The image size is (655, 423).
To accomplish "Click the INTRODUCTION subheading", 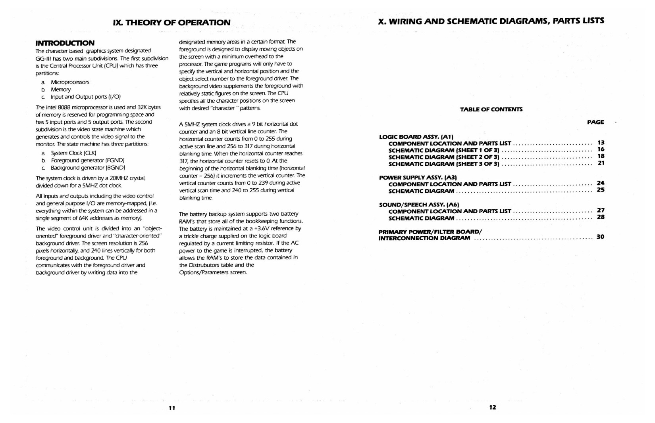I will click(x=65, y=43).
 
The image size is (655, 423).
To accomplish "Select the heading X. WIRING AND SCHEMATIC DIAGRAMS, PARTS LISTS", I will click(x=491, y=21).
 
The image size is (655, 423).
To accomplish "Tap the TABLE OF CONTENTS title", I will click(x=491, y=109).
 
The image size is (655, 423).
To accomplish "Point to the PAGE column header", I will click(x=595, y=122).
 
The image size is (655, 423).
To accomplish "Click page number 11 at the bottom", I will click(x=172, y=408).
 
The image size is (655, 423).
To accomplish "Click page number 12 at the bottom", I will click(x=492, y=407).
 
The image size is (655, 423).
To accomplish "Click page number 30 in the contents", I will click(x=600, y=237).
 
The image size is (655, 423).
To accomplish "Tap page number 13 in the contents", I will click(x=601, y=143).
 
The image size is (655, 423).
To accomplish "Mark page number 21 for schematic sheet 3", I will click(x=601, y=163).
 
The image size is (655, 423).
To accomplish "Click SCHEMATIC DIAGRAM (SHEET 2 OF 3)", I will click(x=443, y=157).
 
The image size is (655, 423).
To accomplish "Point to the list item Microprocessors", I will click(x=70, y=82).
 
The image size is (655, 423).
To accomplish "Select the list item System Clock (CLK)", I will click(x=74, y=153).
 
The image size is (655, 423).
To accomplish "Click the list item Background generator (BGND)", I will click(x=88, y=168).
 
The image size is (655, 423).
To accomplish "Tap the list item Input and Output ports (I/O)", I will click(x=85, y=97).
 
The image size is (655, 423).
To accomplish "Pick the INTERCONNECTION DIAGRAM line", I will click(x=424, y=238).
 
